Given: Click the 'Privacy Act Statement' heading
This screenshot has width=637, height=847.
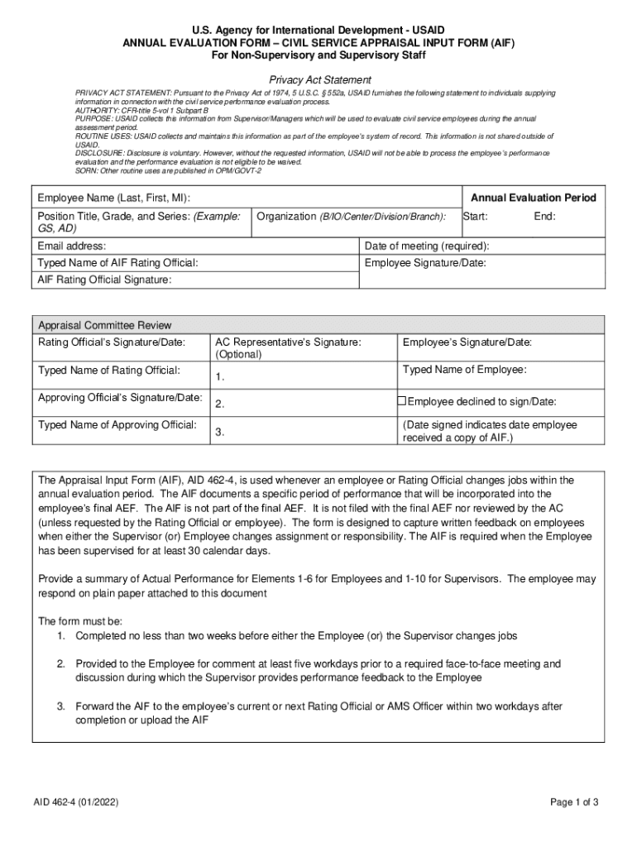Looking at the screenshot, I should [318, 79].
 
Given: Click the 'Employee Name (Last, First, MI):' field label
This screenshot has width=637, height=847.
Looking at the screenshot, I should [113, 199].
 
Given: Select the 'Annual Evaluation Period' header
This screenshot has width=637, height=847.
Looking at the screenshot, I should [533, 199].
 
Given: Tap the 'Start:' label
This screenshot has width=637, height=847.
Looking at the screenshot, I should [475, 217].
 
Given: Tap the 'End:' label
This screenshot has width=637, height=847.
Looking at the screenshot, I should [544, 217].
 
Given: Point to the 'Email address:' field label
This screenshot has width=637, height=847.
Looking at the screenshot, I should [72, 246].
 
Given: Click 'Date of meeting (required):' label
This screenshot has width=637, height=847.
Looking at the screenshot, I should [427, 246].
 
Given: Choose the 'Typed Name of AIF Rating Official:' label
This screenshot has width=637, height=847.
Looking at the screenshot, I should [118, 263].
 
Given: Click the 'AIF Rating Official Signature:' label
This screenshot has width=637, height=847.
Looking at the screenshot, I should [105, 280].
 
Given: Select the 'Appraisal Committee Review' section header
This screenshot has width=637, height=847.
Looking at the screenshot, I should [105, 325].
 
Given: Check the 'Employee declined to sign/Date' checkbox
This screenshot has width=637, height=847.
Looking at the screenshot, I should [402, 401].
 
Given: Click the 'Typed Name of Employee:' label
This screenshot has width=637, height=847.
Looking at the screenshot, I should [464, 370].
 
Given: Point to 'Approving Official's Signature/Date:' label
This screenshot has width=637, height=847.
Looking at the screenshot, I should [121, 398].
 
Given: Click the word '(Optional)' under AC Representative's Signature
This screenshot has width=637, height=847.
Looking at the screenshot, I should [238, 354].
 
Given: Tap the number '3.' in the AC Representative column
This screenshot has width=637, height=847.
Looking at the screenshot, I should [220, 432].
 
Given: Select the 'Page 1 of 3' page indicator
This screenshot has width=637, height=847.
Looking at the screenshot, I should [574, 802].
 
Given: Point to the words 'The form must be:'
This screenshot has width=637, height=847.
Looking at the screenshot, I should [81, 620].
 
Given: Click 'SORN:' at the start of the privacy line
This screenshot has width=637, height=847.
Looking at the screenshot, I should [87, 170].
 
